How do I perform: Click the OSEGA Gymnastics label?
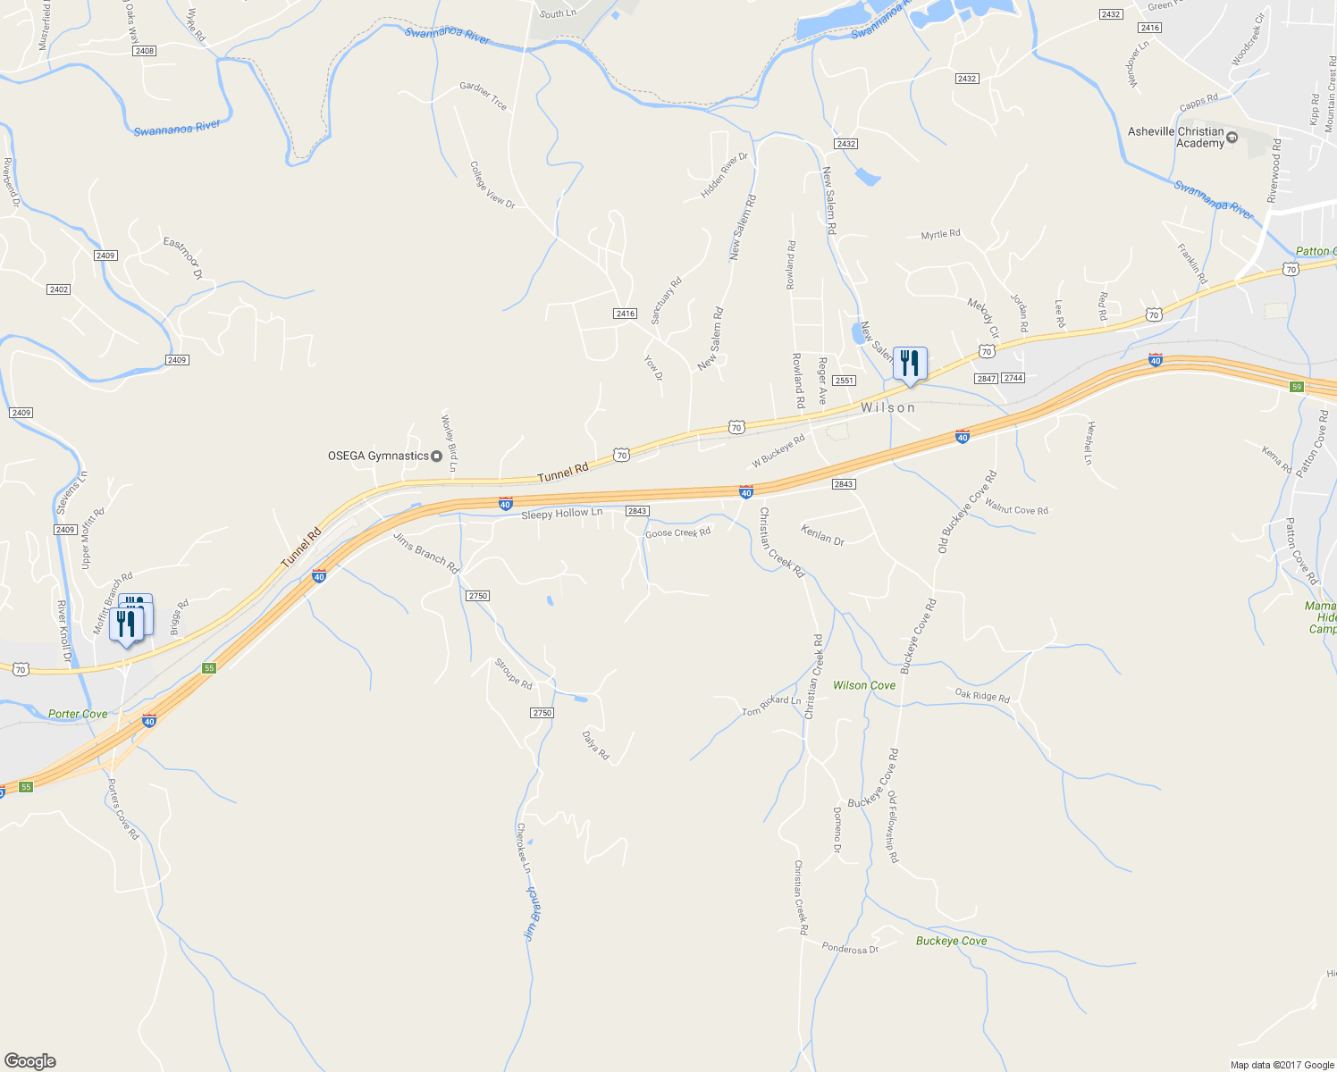(x=378, y=456)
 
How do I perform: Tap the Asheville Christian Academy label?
(x=1175, y=138)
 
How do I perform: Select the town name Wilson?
(x=887, y=407)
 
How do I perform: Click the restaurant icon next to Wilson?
(x=910, y=364)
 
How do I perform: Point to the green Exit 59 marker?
(x=1297, y=387)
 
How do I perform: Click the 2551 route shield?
(x=845, y=381)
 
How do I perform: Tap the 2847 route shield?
(x=986, y=379)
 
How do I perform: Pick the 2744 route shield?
(x=1013, y=379)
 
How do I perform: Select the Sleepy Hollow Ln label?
(x=561, y=513)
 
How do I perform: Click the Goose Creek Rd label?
(x=677, y=533)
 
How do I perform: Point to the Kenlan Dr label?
(x=822, y=536)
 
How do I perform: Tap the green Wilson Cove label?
(x=863, y=685)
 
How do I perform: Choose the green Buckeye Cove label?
(x=951, y=941)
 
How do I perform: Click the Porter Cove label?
(x=78, y=714)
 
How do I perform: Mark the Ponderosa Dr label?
(x=850, y=949)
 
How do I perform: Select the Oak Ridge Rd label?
(x=981, y=695)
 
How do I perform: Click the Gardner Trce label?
(x=484, y=96)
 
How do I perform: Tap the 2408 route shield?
(x=144, y=51)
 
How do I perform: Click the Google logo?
(x=30, y=1061)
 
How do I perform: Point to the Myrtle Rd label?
(x=940, y=234)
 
